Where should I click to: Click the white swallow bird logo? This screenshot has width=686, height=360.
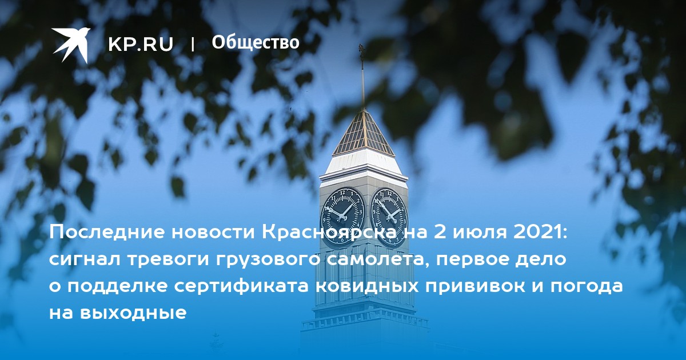(x=71, y=45)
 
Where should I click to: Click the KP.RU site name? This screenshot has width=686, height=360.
(x=141, y=44)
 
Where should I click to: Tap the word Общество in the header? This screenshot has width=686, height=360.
(x=256, y=42)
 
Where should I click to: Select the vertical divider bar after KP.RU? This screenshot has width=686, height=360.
(x=193, y=45)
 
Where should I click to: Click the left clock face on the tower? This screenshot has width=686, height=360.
(x=342, y=216)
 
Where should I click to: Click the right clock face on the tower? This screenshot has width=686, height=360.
(x=389, y=217)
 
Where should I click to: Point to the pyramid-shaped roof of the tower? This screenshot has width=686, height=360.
(x=364, y=133)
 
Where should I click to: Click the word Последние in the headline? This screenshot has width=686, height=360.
(x=108, y=233)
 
